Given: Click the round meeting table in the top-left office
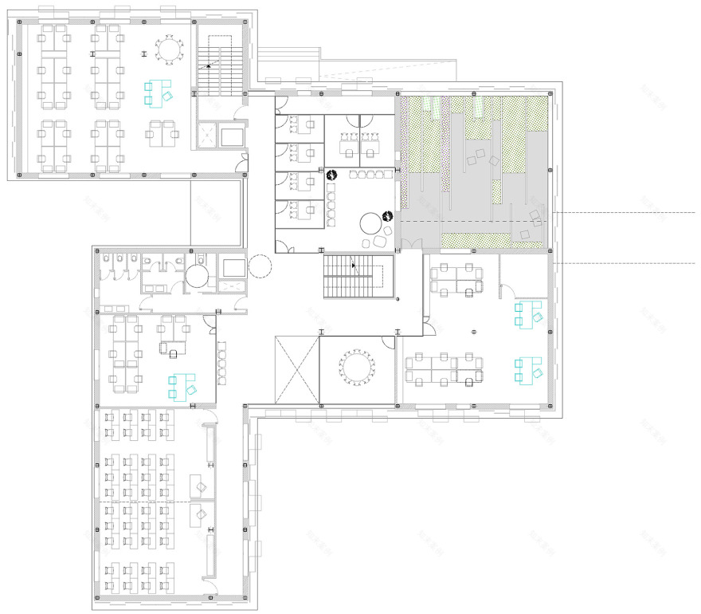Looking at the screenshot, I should point(170,50).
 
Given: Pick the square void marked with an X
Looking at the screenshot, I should point(296,370).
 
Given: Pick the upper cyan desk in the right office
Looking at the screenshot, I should point(527,314).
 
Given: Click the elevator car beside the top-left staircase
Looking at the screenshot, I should point(233,135).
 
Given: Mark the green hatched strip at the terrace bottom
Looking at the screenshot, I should point(476,239).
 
